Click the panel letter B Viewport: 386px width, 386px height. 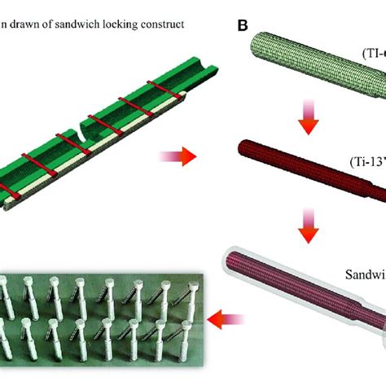[x=243, y=25]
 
